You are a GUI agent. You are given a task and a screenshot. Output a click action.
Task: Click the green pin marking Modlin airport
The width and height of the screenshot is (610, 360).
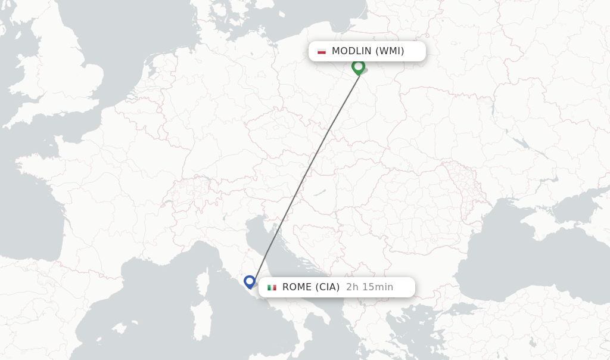[x=358, y=66]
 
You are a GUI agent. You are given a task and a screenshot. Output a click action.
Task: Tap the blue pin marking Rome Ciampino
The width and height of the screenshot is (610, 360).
[x=250, y=281]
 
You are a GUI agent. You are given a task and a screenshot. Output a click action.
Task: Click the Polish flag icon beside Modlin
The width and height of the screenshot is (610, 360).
[x=322, y=51]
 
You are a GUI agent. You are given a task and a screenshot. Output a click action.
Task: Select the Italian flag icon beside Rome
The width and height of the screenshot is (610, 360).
[x=272, y=287]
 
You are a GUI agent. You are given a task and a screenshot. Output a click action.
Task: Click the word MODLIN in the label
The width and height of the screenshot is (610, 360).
[x=351, y=51]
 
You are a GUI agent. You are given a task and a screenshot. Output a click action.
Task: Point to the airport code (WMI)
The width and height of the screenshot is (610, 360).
[x=390, y=51]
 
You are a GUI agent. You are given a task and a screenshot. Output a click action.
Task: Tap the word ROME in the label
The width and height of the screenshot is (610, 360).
[x=297, y=287]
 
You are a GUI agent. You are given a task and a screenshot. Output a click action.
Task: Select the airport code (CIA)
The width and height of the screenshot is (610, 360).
[x=327, y=287]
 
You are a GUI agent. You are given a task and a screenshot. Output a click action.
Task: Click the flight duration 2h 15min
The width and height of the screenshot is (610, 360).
[x=369, y=287]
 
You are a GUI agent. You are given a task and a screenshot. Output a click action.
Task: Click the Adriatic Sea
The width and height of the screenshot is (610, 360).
[x=280, y=250]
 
